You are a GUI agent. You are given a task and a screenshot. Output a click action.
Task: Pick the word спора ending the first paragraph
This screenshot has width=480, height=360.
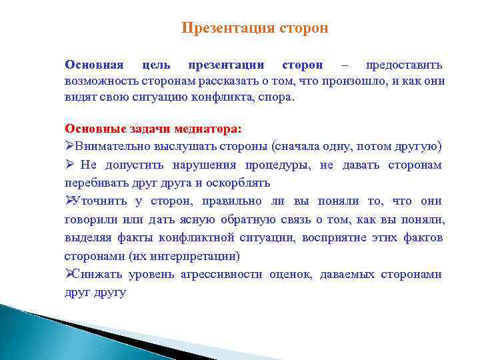276,97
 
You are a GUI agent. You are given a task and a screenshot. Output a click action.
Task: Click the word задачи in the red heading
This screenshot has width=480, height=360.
147,128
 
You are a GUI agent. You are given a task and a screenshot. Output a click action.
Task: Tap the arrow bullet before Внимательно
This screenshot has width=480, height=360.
69,146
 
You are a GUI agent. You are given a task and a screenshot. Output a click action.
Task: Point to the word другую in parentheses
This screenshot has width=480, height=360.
417,146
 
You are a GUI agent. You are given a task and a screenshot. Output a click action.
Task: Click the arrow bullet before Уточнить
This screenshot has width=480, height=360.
69,201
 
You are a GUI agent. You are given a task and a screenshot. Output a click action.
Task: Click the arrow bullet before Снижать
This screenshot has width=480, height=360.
69,274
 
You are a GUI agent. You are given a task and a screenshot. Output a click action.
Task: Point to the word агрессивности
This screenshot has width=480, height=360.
222,274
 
